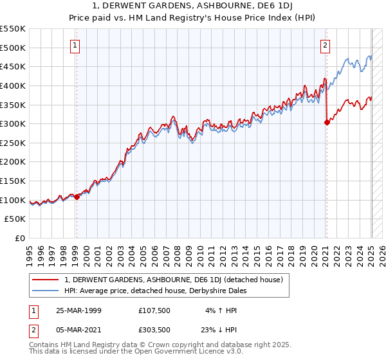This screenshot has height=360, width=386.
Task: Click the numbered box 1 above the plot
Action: pyautogui.click(x=76, y=45)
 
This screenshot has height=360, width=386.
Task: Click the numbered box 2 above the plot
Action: pyautogui.click(x=326, y=45)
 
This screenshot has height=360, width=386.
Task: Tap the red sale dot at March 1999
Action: pyautogui.click(x=77, y=197)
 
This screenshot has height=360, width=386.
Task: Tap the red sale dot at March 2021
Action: pyautogui.click(x=327, y=122)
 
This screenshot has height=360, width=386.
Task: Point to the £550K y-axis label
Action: pyautogui.click(x=13, y=29)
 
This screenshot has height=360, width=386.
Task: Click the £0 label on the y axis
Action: pyautogui.click(x=19, y=238)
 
